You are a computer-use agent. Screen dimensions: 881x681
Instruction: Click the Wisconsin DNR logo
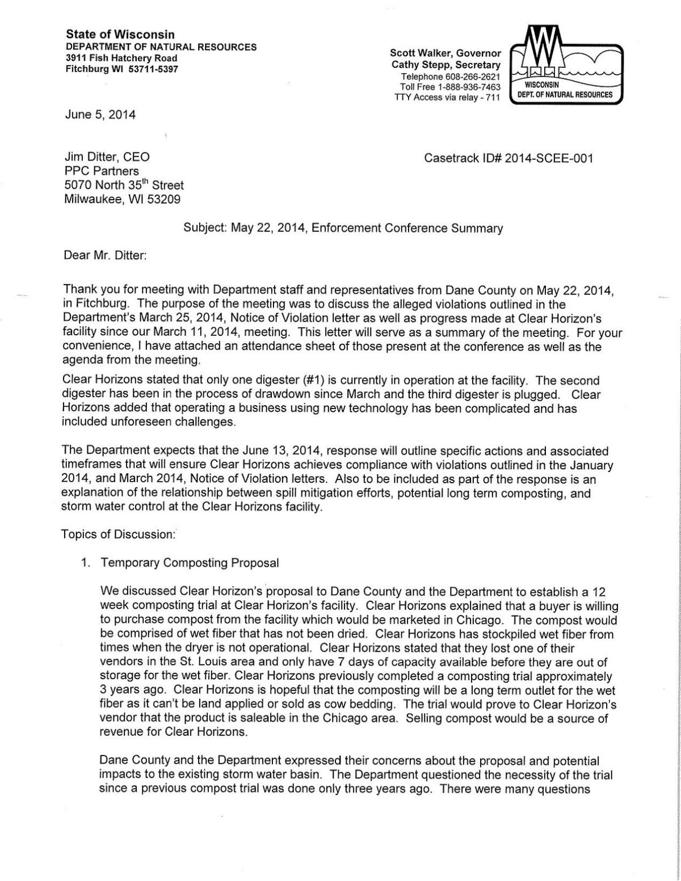click(566, 66)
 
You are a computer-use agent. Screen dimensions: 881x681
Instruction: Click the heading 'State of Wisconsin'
click(120, 35)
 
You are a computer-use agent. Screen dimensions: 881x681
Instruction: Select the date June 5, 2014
click(100, 115)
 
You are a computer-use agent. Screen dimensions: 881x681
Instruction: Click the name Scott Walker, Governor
click(445, 53)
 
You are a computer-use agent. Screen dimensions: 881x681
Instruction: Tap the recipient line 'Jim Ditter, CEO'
click(107, 158)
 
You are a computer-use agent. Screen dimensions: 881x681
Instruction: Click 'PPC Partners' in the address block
click(102, 171)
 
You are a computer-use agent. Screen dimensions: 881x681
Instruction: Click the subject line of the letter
click(343, 229)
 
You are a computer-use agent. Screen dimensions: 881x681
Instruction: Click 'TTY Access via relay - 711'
click(447, 98)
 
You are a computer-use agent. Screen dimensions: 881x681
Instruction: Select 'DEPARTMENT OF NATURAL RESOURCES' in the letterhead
click(161, 47)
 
